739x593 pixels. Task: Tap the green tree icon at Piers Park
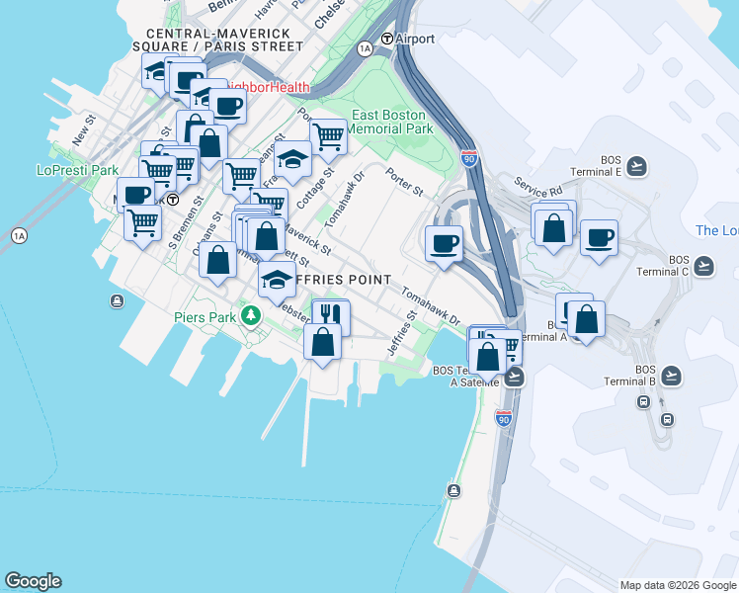tap(252, 316)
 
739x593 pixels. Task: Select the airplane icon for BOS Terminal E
tap(637, 166)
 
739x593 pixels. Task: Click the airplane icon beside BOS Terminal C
tap(703, 266)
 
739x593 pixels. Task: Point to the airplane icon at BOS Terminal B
tap(672, 375)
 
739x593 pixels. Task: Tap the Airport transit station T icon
tap(388, 39)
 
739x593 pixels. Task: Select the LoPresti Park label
tap(70, 170)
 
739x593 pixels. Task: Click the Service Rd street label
tap(537, 185)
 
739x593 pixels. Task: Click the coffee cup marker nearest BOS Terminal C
tap(599, 238)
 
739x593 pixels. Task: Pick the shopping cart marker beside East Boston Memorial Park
tap(327, 135)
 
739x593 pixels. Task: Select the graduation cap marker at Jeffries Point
tap(278, 280)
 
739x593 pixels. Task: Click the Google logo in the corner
tap(33, 581)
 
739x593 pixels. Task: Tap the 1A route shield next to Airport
tap(366, 47)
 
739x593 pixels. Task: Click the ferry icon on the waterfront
tap(453, 490)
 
